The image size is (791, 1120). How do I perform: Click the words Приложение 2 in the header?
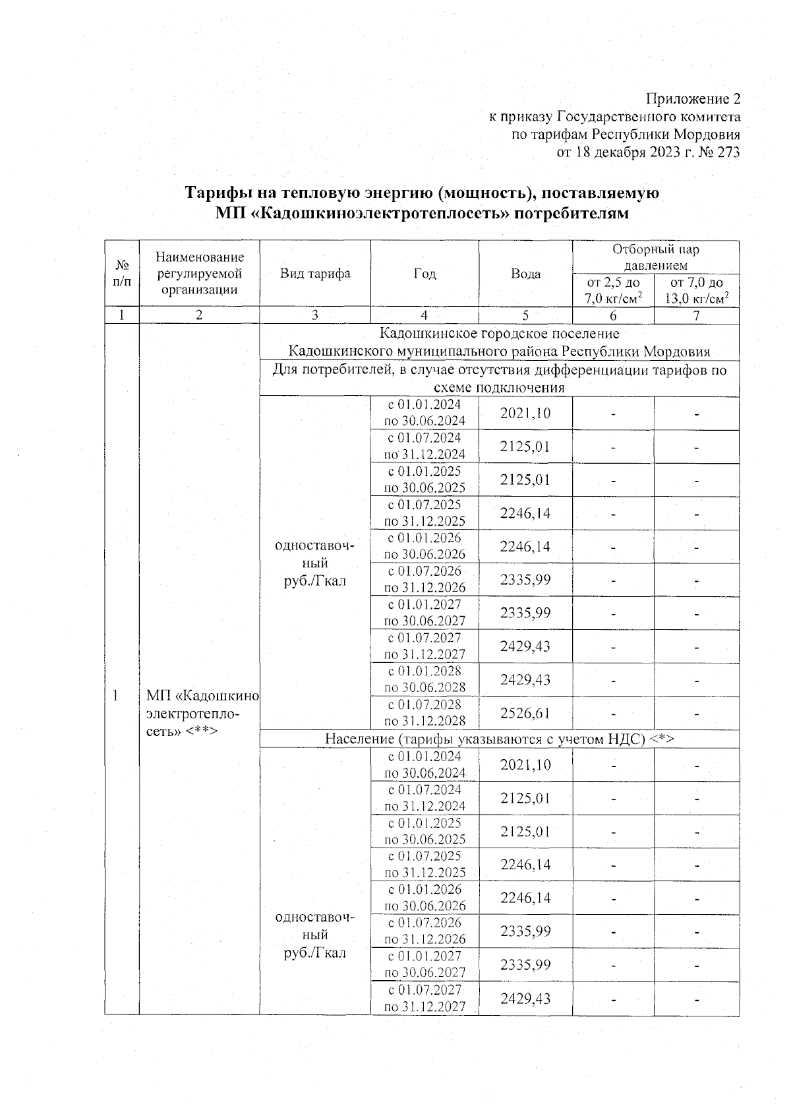(x=693, y=100)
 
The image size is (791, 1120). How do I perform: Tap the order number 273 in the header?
(x=728, y=153)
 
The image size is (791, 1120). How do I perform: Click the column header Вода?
(x=525, y=274)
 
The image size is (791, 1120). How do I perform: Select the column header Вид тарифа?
(x=315, y=274)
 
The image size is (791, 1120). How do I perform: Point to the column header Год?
(x=425, y=274)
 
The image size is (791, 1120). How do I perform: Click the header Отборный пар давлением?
(x=655, y=257)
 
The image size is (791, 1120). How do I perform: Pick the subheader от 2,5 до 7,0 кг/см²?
(x=613, y=290)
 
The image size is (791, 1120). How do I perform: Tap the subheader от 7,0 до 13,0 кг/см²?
(x=696, y=290)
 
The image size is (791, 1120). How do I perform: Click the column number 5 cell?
(x=525, y=316)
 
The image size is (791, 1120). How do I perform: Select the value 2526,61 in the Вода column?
(x=525, y=714)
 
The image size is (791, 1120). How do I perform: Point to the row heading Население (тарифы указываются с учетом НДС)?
(x=499, y=739)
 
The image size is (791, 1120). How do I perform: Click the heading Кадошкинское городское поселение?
(x=499, y=334)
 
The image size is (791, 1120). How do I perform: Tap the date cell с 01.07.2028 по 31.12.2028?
(x=425, y=713)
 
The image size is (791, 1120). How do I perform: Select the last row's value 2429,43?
(x=525, y=999)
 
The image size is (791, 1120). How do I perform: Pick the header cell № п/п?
(x=121, y=274)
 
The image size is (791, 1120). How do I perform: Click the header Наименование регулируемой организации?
(x=199, y=274)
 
